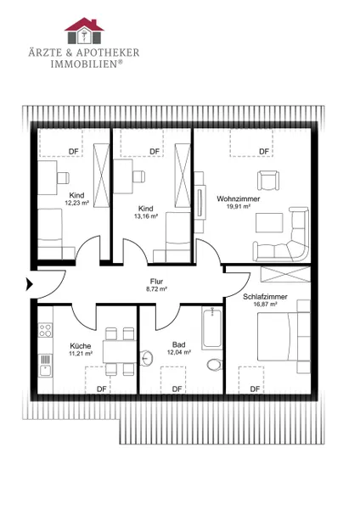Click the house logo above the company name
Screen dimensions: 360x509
[84, 31]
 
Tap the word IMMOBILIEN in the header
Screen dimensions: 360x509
[84, 64]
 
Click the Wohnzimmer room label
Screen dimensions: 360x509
[238, 199]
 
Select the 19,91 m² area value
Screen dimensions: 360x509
[238, 206]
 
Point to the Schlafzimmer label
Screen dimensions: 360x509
[265, 297]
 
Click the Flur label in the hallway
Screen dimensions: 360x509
[156, 282]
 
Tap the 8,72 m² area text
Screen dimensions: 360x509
[156, 289]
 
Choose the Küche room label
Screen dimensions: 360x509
[81, 346]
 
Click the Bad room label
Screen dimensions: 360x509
[178, 344]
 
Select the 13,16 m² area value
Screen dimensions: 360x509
[146, 216]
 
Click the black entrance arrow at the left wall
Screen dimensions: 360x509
[29, 285]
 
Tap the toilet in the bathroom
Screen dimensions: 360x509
[214, 365]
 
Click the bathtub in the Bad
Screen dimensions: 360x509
[212, 328]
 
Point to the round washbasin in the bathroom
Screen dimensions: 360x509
[147, 358]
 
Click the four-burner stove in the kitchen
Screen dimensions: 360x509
[45, 330]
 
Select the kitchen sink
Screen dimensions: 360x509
[45, 365]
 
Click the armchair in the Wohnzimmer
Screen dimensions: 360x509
[268, 180]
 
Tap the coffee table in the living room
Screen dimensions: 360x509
[269, 222]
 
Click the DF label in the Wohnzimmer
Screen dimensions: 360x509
[264, 152]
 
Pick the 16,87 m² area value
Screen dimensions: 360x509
[265, 305]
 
